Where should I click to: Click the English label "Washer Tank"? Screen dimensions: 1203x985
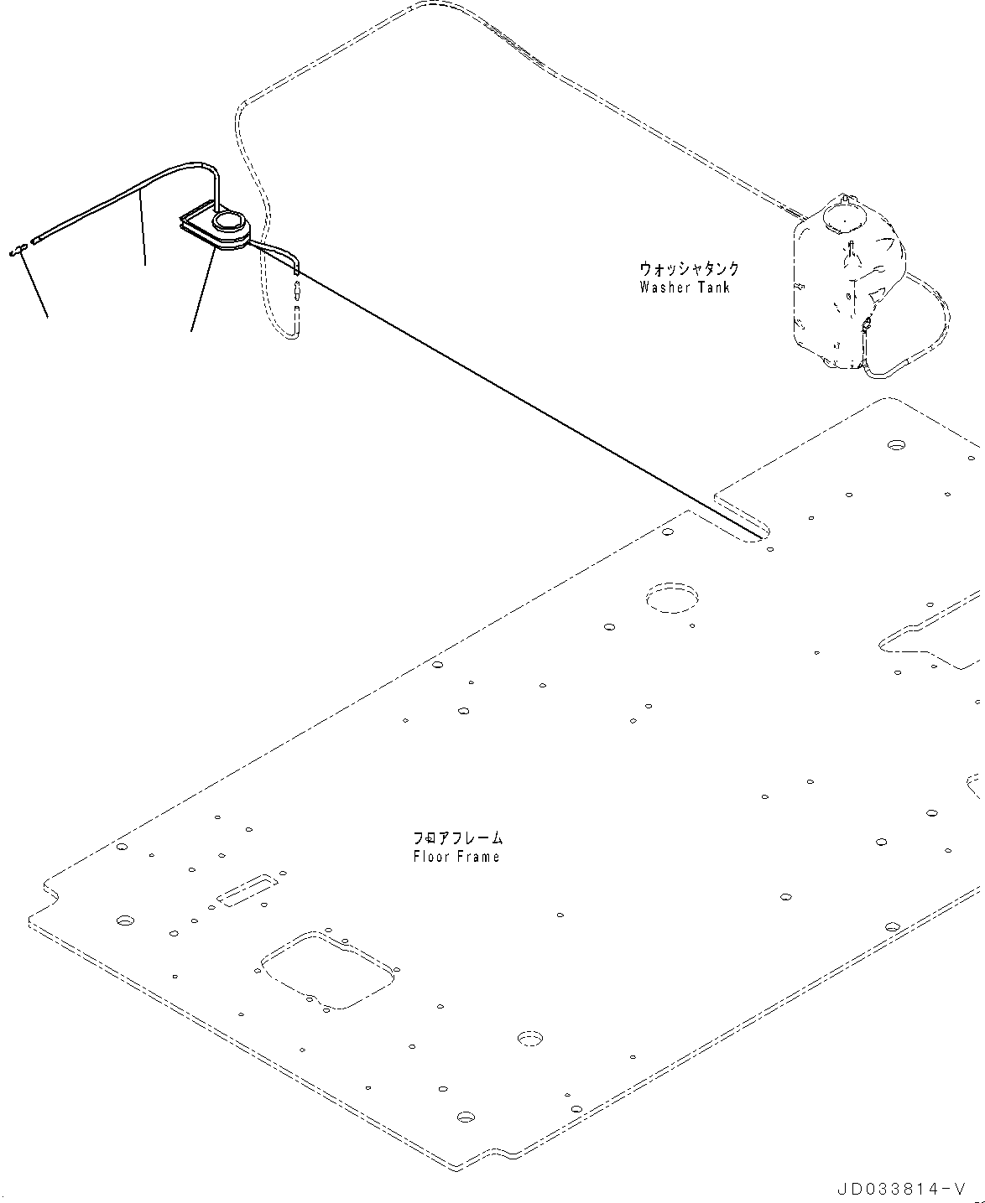684,288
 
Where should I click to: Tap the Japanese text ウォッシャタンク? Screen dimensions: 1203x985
689,269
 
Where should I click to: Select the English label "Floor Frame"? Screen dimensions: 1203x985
456,857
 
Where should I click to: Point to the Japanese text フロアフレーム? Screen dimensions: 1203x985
457,837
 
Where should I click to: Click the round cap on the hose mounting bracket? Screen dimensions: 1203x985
227,222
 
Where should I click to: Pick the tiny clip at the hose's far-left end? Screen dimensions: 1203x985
17,250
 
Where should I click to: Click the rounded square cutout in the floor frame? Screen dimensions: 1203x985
327,969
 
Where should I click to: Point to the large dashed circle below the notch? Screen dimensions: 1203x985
671,596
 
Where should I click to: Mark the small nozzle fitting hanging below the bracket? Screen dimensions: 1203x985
297,293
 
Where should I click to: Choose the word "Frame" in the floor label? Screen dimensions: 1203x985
479,857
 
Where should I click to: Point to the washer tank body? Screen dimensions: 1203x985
843,285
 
